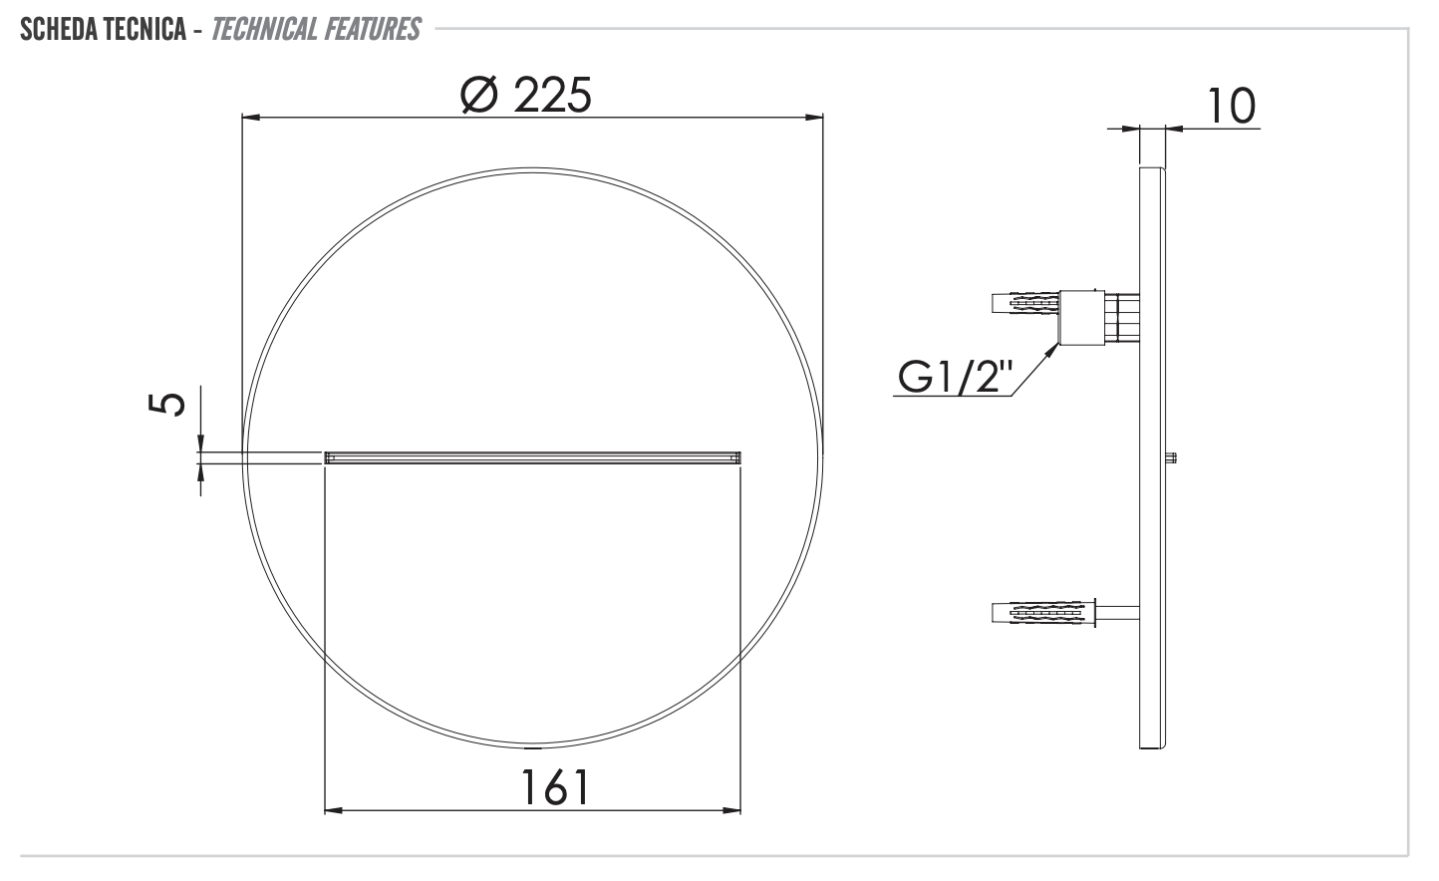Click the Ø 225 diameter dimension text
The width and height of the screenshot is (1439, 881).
526,96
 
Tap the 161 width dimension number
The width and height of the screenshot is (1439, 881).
555,787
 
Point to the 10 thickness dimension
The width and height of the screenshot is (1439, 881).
1232,107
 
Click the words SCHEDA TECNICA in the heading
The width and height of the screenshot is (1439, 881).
103,29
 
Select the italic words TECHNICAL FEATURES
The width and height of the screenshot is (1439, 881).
316,29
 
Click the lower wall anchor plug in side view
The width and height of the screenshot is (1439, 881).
1041,612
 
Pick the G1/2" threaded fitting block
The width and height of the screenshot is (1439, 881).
1081,318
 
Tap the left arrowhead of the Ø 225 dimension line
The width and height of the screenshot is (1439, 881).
251,119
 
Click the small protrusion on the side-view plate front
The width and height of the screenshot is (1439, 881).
1172,458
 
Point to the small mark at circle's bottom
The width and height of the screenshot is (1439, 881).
533,747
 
